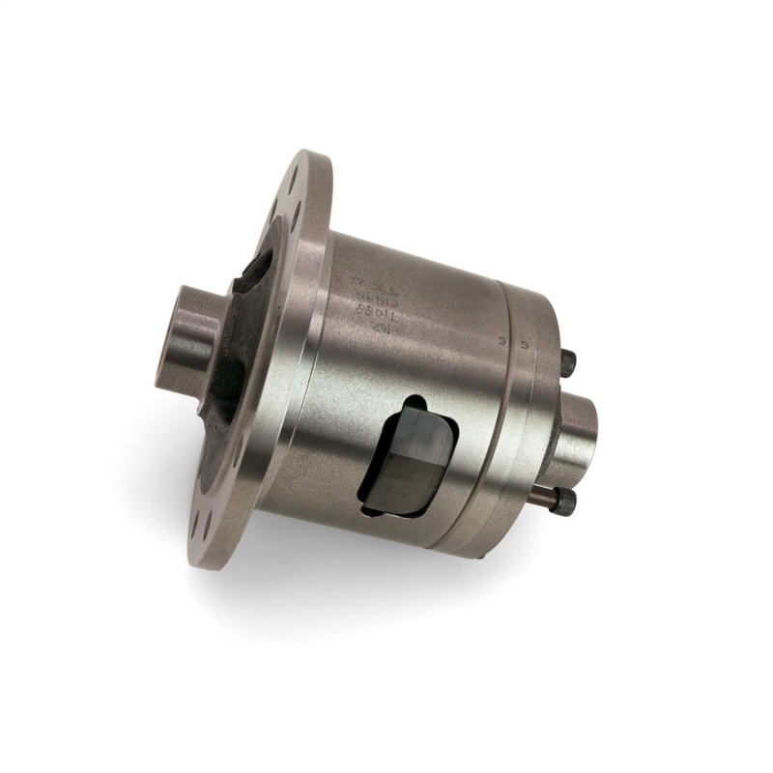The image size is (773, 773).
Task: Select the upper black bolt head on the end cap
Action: click(x=568, y=363)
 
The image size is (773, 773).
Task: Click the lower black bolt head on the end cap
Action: click(x=566, y=501)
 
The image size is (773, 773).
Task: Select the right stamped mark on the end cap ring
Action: click(x=523, y=343)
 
